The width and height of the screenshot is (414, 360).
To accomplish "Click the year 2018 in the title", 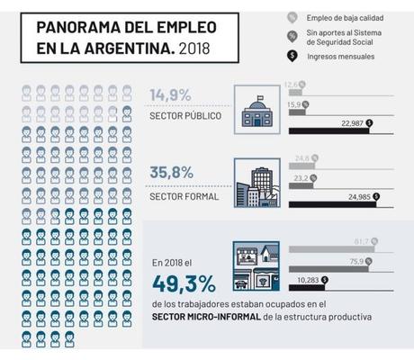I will point(191,42).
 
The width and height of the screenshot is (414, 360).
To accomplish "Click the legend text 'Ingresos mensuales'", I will point(339,56).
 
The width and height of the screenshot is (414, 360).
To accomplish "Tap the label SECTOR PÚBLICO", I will point(184,117).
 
